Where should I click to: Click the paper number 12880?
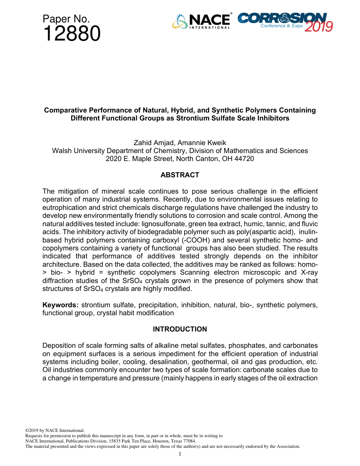pyautogui.click(x=72, y=34)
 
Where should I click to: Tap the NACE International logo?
pyautogui.click(x=201, y=22)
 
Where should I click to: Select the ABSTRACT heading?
pyautogui.click(x=180, y=175)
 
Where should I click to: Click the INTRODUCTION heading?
pyautogui.click(x=180, y=329)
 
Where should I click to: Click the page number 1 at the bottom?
pyautogui.click(x=180, y=454)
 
